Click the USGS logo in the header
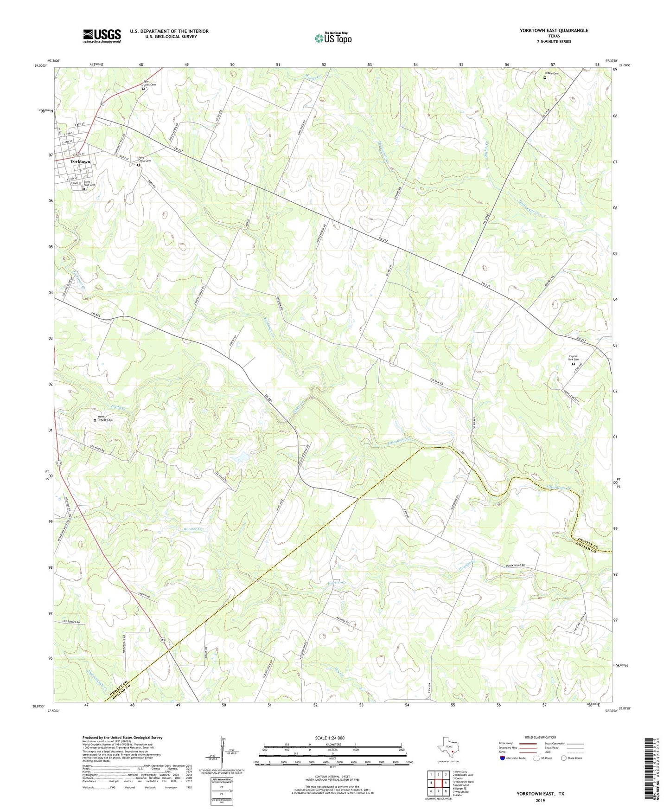pyautogui.click(x=102, y=36)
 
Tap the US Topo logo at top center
pyautogui.click(x=333, y=38)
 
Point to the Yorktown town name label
pyautogui.click(x=80, y=161)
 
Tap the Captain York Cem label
pyautogui.click(x=574, y=358)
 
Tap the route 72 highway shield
pyautogui.click(x=102, y=106)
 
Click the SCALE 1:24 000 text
pyautogui.click(x=330, y=738)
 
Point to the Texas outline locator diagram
pyautogui.click(x=446, y=747)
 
